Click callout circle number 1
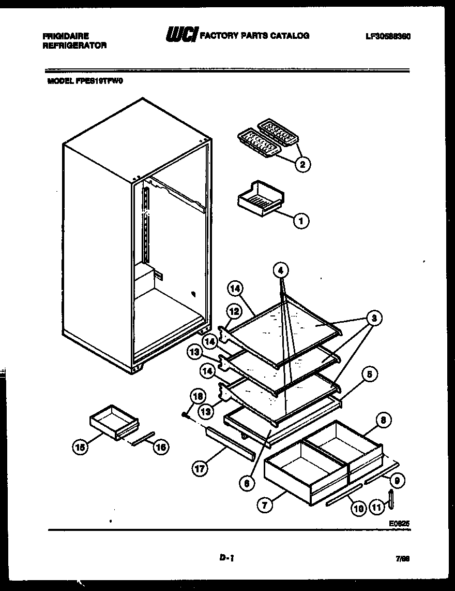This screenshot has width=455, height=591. [x=301, y=221]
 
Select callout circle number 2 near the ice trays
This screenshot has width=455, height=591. [x=302, y=164]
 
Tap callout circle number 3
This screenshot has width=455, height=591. [x=373, y=318]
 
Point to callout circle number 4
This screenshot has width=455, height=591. [x=280, y=270]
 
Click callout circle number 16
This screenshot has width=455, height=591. [x=161, y=447]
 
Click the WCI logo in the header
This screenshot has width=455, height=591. [x=180, y=36]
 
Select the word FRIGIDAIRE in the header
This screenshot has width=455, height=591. [x=65, y=36]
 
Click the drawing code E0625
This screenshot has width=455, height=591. [x=399, y=523]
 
